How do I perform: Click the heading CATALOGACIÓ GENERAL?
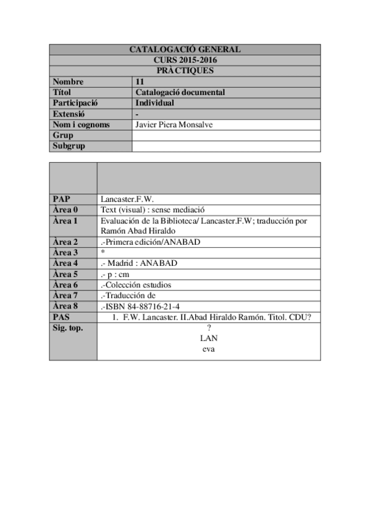(x=185, y=49)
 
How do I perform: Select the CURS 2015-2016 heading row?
(x=185, y=60)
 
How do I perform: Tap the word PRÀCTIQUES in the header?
(x=185, y=70)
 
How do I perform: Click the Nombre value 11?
(x=140, y=81)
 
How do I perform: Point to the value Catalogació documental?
(x=180, y=93)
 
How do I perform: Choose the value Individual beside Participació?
(x=154, y=103)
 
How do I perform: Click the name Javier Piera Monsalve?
(x=174, y=125)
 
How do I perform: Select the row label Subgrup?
(x=69, y=146)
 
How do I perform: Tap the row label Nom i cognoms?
(x=81, y=125)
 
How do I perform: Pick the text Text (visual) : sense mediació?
(x=152, y=210)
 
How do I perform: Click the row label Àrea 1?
(x=65, y=220)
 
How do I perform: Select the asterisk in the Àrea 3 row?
(x=102, y=253)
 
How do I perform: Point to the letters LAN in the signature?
(x=209, y=339)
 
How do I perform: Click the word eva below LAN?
(x=209, y=349)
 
